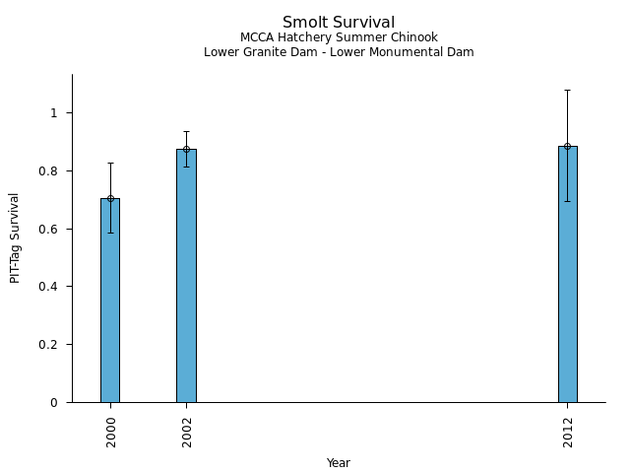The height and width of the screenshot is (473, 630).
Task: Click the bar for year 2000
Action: pos(110,301)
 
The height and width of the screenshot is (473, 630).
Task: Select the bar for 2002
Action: pos(186,276)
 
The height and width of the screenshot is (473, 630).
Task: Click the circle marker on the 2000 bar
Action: pos(110,198)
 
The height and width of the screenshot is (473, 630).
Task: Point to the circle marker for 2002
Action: pos(186,150)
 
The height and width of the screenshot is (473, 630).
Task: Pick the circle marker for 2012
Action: pos(568,146)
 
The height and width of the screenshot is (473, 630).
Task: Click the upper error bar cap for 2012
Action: pos(568,90)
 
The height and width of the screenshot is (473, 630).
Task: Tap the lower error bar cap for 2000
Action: pos(110,233)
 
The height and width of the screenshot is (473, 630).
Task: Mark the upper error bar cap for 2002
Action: pos(186,131)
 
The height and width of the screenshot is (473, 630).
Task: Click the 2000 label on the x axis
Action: pos(111,431)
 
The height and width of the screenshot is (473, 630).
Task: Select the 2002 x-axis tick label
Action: pos(187,431)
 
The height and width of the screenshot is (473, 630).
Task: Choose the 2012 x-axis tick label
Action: pos(569,431)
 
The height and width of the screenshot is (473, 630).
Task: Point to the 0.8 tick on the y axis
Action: pos(53,171)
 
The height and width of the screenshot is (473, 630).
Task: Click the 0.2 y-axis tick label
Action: pos(53,345)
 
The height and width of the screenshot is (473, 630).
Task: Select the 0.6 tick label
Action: pos(53,230)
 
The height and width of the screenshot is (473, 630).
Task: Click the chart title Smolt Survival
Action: pos(339,22)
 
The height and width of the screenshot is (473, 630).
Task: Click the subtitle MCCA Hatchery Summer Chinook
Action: pos(339,37)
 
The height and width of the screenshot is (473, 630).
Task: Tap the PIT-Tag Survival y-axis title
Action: pos(15,237)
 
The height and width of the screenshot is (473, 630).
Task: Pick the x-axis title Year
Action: pos(339,463)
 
